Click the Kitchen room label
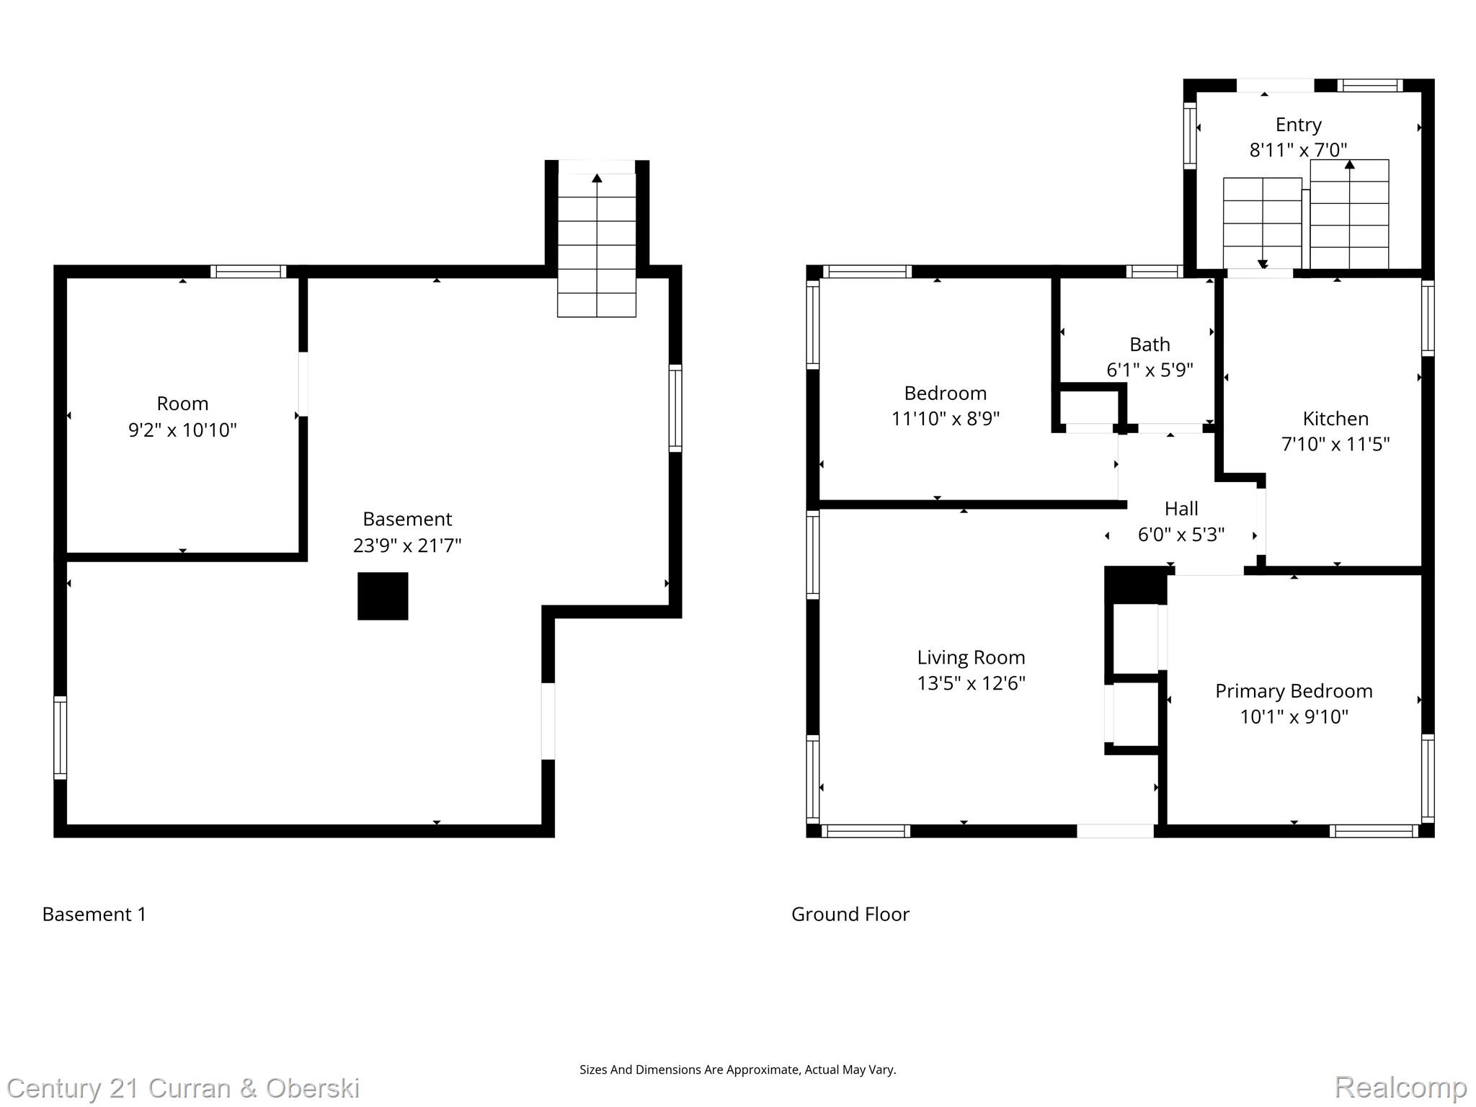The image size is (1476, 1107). pyautogui.click(x=1335, y=419)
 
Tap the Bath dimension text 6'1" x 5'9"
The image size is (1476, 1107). pyautogui.click(x=1150, y=370)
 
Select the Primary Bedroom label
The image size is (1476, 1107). pyautogui.click(x=1293, y=691)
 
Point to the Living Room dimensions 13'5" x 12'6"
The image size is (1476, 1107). pyautogui.click(x=971, y=683)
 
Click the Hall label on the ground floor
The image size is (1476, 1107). pyautogui.click(x=1181, y=509)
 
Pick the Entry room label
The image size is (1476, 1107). pyautogui.click(x=1298, y=125)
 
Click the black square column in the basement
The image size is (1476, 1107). pyautogui.click(x=383, y=596)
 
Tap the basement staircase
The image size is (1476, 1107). pyautogui.click(x=597, y=245)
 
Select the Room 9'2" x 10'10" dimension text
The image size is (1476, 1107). pyautogui.click(x=182, y=430)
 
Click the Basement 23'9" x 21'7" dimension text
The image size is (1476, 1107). pyautogui.click(x=407, y=546)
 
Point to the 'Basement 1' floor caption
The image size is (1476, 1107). pyautogui.click(x=94, y=915)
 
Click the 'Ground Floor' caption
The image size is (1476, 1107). pyautogui.click(x=850, y=915)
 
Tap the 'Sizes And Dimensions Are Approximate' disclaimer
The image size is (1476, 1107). pyautogui.click(x=737, y=1070)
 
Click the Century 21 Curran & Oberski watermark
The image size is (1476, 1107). pyautogui.click(x=183, y=1088)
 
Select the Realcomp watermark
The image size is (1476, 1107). pyautogui.click(x=1400, y=1087)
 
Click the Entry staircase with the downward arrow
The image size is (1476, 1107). pyautogui.click(x=1262, y=223)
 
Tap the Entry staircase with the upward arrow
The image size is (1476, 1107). pyautogui.click(x=1349, y=214)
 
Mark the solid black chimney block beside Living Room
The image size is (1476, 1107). pyautogui.click(x=1135, y=584)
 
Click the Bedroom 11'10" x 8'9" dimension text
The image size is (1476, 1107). pyautogui.click(x=945, y=419)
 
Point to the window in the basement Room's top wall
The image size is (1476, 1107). pyautogui.click(x=249, y=272)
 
